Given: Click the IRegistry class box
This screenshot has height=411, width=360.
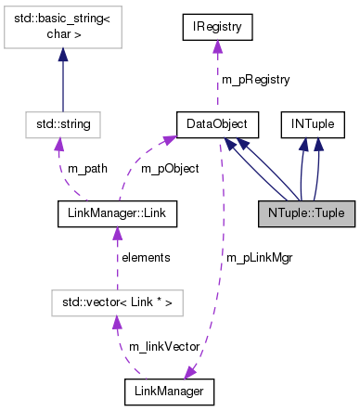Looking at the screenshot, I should pos(216,29).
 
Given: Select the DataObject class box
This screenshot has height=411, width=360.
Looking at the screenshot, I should pos(216,122).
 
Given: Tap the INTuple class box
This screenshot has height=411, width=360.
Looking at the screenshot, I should pos(314,122).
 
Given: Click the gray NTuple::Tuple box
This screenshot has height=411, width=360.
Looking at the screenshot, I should pos(305,212).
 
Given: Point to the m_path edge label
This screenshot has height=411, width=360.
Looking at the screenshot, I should pos(86,167).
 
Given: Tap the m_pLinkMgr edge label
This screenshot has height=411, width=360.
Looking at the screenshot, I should pos(259,257).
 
